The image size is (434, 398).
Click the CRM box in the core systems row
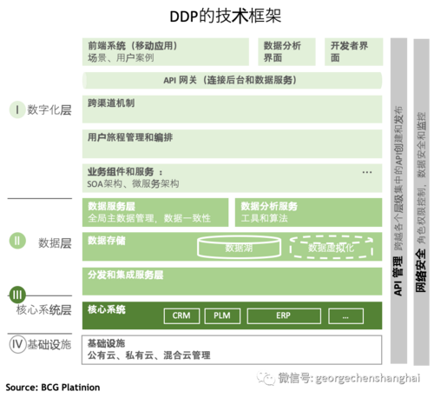181,316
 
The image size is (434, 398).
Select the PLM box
222,316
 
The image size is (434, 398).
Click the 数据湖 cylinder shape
237,248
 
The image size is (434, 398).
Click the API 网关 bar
233,81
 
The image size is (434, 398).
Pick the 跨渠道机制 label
111,103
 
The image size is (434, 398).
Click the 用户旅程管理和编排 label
130,137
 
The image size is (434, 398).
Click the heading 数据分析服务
269,206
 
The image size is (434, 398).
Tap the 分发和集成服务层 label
126,274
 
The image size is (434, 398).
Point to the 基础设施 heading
105,344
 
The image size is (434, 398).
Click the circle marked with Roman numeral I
16,109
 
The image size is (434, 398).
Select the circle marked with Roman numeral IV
16,345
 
